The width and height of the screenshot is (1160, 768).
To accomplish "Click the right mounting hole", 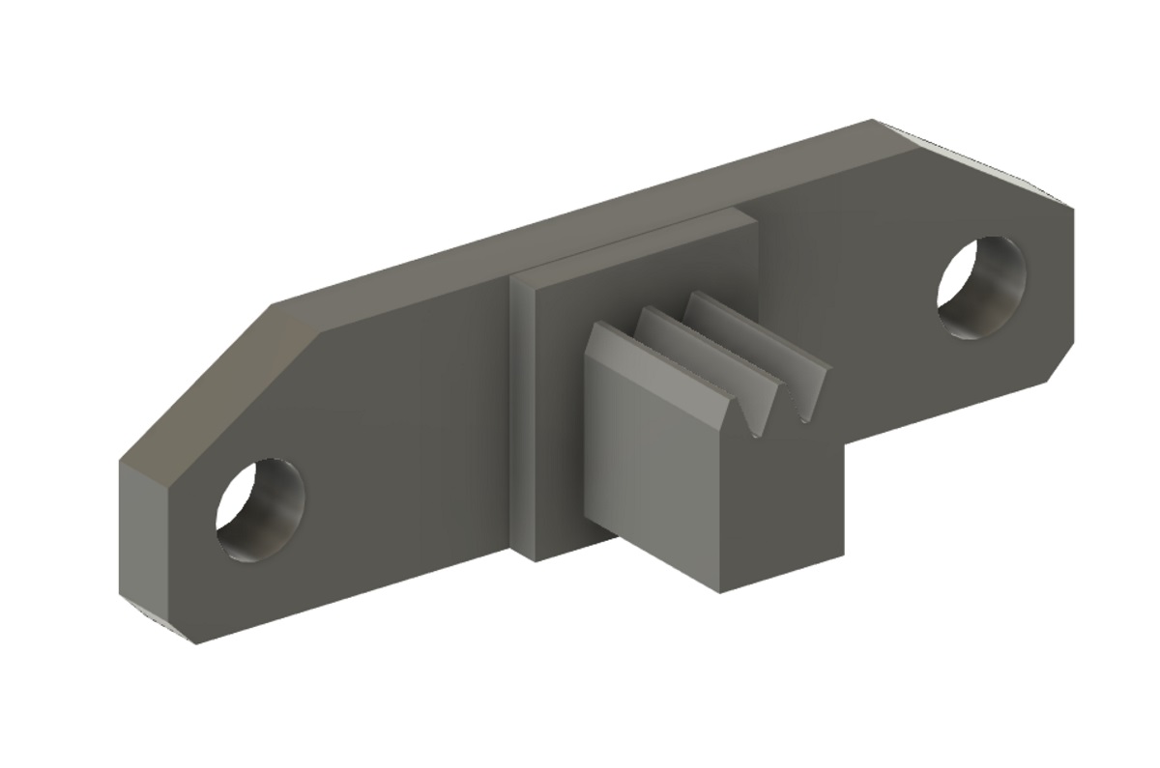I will click(x=980, y=285).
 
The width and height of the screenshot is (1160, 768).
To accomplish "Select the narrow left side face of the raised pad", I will click(x=521, y=415).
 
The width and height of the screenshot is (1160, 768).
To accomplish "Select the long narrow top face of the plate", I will click(x=580, y=222).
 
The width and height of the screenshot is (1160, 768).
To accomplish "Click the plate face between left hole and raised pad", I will click(x=406, y=444).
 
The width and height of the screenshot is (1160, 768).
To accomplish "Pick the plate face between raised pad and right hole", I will click(x=851, y=290).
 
